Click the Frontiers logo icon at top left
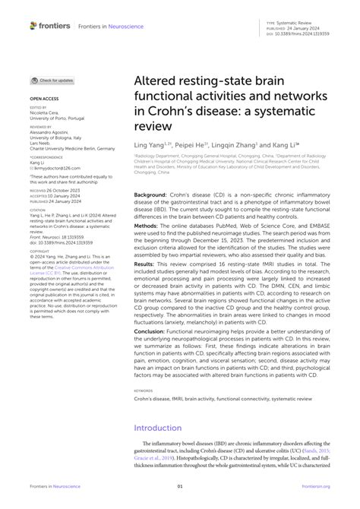(x=33, y=25)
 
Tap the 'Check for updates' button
(x=52, y=80)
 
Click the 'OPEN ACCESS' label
(x=43, y=99)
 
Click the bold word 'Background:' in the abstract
(x=150, y=194)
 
